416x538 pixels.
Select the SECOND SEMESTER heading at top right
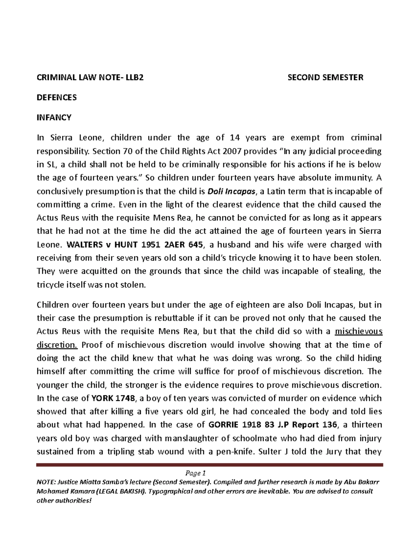pos(326,77)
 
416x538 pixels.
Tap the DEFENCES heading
pos(57,97)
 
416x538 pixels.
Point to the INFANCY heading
pos(54,117)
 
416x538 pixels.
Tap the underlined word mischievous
pos(358,332)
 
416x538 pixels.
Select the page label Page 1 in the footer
pos(196,473)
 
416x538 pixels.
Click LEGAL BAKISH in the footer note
pos(119,492)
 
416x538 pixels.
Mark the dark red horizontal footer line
pos(209,465)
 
